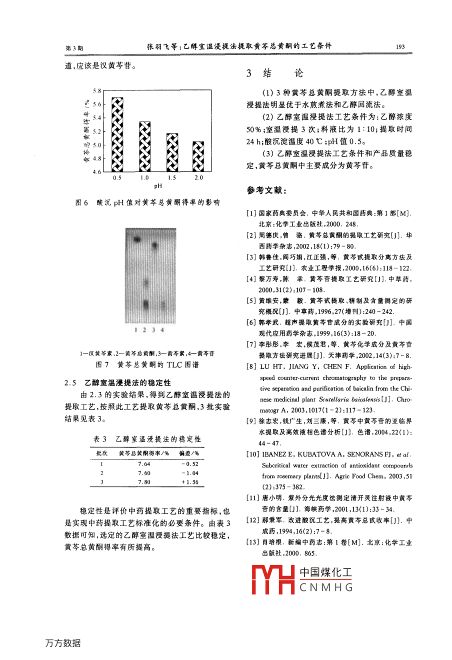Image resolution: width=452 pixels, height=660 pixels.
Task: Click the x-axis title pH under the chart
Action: [x=157, y=186]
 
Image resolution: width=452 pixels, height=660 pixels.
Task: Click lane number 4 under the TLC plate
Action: [x=162, y=330]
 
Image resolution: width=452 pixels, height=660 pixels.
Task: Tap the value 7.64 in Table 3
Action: [x=144, y=464]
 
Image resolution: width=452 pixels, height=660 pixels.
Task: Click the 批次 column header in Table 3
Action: [x=101, y=453]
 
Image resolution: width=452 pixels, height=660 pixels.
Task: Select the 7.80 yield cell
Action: [x=144, y=482]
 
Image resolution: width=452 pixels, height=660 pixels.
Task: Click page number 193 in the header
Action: [x=400, y=46]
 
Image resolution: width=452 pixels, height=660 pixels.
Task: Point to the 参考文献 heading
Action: [x=266, y=190]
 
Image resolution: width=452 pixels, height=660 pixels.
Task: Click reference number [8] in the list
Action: [x=251, y=367]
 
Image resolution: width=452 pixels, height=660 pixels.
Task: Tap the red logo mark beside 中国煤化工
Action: [x=272, y=579]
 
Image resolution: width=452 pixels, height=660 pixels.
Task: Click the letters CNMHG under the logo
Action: [x=326, y=587]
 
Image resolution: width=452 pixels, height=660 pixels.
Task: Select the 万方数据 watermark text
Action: [x=63, y=643]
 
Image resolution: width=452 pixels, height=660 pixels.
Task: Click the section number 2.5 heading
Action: [x=70, y=383]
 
